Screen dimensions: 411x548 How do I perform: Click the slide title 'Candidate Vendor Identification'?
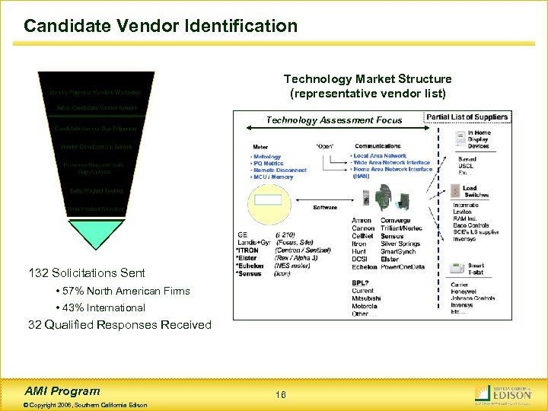161,26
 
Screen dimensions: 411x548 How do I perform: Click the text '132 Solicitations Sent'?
86,272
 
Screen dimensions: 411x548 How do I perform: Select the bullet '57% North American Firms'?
123,291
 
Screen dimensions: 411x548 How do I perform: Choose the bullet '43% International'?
100,307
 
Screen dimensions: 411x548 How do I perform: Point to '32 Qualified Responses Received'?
119,325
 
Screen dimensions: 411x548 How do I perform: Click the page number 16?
281,395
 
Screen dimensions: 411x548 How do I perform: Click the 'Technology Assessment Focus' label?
334,119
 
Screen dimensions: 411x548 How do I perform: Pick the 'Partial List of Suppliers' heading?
467,117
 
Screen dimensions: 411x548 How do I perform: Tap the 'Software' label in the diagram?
325,207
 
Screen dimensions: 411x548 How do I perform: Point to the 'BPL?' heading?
360,283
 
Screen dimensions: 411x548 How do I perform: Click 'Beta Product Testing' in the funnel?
96,191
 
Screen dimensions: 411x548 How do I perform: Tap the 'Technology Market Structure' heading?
368,79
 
